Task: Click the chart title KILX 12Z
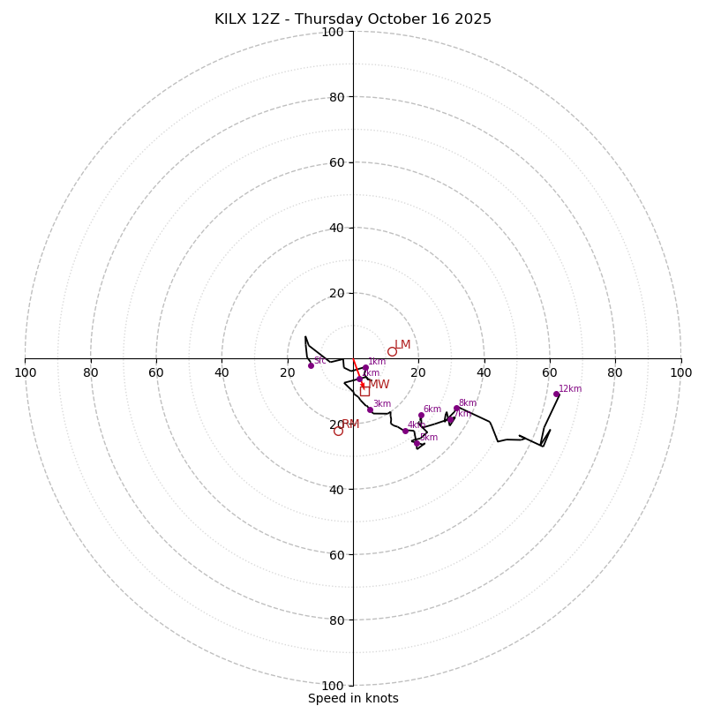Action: coord(353,19)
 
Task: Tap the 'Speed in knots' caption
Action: coord(353,698)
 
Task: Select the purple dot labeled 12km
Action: coord(556,394)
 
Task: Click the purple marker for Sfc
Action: coord(311,365)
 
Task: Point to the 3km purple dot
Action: coord(370,409)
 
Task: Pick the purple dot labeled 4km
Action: coord(405,431)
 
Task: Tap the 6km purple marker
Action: coord(421,416)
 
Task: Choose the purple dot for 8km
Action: coord(456,409)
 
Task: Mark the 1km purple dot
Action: coord(365,368)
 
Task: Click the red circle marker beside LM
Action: coord(392,351)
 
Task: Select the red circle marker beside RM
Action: coord(338,431)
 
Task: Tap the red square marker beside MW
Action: coord(364,391)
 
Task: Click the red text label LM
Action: coord(402,345)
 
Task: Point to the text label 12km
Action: coord(570,388)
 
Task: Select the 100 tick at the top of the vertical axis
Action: coord(333,32)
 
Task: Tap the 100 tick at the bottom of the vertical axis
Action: coord(333,686)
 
